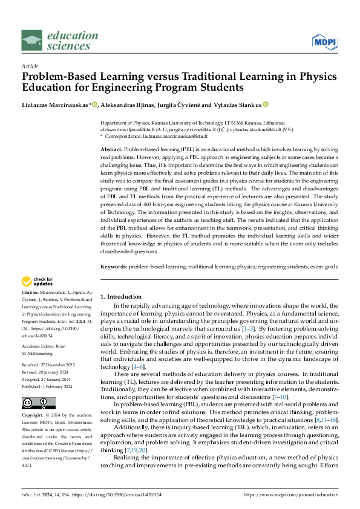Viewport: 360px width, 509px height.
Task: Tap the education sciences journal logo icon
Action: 32,41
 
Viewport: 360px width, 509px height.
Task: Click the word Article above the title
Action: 30,66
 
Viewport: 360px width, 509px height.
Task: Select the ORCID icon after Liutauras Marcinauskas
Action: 95,105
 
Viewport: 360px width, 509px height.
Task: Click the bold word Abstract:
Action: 112,148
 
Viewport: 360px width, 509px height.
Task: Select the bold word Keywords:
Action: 114,266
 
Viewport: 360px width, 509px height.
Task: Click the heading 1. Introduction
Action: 120,297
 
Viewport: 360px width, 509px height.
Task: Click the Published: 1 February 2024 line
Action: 48,388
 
